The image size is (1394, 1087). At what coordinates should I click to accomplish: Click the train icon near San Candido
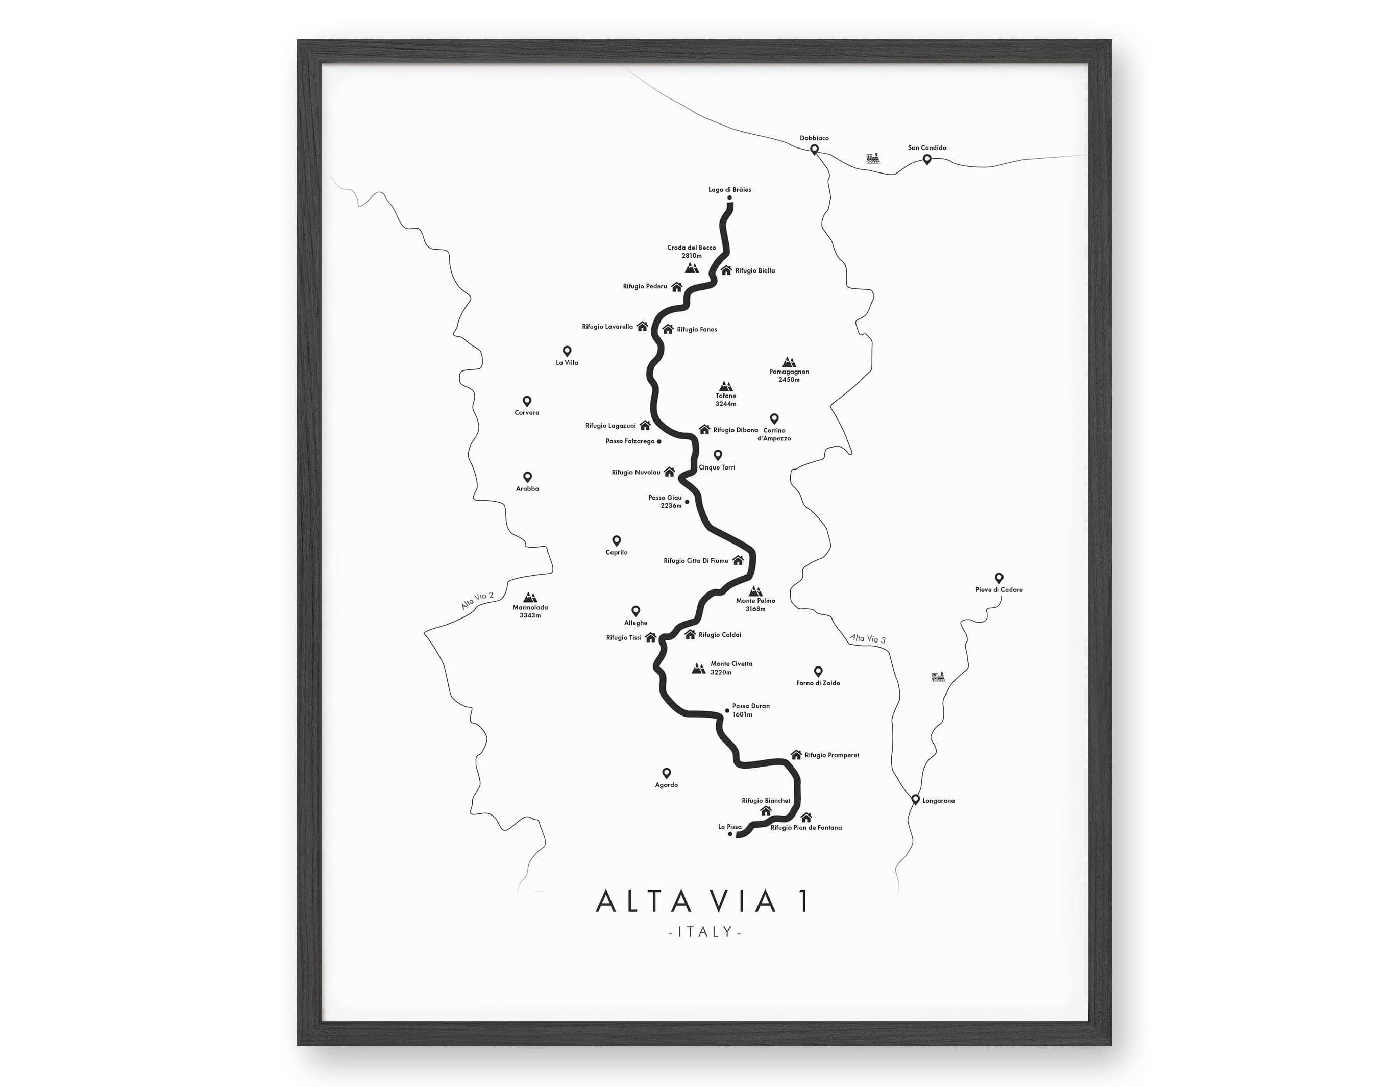pos(874,158)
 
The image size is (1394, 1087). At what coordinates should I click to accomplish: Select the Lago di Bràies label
pos(729,189)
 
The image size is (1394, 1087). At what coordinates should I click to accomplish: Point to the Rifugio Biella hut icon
pos(726,270)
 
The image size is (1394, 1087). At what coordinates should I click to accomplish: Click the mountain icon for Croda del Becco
pos(691,267)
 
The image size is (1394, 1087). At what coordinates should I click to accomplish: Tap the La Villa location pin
pos(567,351)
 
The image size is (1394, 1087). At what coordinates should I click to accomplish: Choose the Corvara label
pos(527,413)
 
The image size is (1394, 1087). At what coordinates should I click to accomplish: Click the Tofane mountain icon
pos(725,386)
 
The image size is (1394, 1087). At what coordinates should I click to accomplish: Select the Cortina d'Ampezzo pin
pos(774,418)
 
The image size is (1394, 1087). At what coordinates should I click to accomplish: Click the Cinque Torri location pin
pos(718,455)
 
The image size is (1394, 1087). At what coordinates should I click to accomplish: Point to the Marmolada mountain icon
pos(530,598)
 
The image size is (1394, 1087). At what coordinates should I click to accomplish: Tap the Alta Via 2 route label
pos(477,601)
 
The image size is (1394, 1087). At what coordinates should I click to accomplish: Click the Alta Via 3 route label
pos(867,638)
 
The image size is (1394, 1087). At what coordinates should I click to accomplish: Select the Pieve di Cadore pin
pos(999,578)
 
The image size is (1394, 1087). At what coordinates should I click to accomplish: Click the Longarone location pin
pos(915,799)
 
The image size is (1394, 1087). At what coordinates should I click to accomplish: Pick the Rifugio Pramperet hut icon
pos(796,754)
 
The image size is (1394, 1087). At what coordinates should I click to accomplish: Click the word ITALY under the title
pos(705,932)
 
